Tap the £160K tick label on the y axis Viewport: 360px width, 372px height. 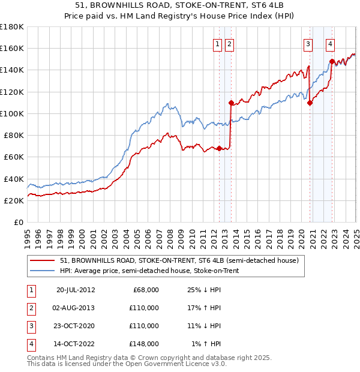12,49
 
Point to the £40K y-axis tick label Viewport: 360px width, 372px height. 14,179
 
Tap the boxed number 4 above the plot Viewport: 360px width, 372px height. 331,43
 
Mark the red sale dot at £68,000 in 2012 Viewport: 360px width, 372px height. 220,148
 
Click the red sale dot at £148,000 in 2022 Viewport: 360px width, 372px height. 332,61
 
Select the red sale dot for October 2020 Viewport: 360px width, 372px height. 310,103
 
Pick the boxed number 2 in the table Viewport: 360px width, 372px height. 30,308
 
